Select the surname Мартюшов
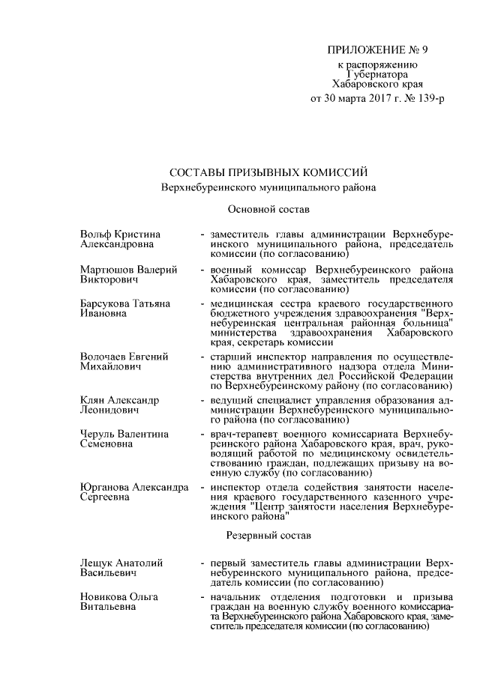tap(105, 269)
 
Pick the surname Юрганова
tap(104, 487)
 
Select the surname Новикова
tap(103, 596)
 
